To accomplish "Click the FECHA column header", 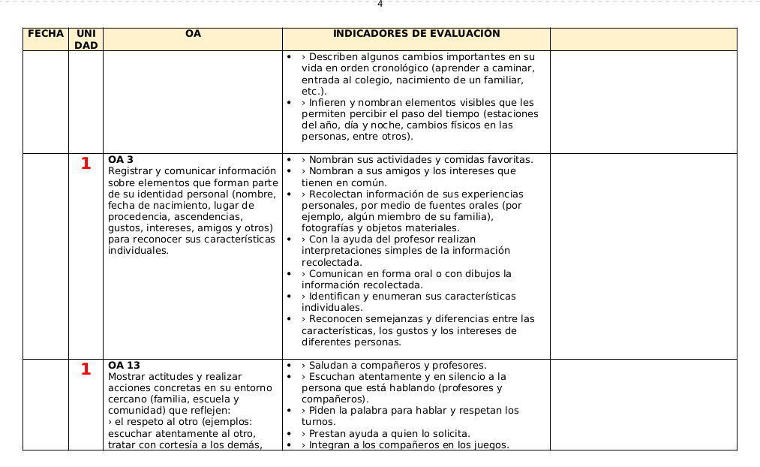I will (45, 34).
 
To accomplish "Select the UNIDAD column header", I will (86, 39).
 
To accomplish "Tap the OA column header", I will (193, 34).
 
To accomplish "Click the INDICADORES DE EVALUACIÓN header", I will (416, 34).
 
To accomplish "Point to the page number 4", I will (380, 4).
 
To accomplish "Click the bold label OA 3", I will (121, 160).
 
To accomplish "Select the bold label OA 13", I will (124, 366).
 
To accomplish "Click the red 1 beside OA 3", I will (86, 164).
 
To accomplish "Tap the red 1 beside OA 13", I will (86, 369).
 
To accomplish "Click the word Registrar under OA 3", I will (130, 171).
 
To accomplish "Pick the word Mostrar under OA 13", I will (128, 377).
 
